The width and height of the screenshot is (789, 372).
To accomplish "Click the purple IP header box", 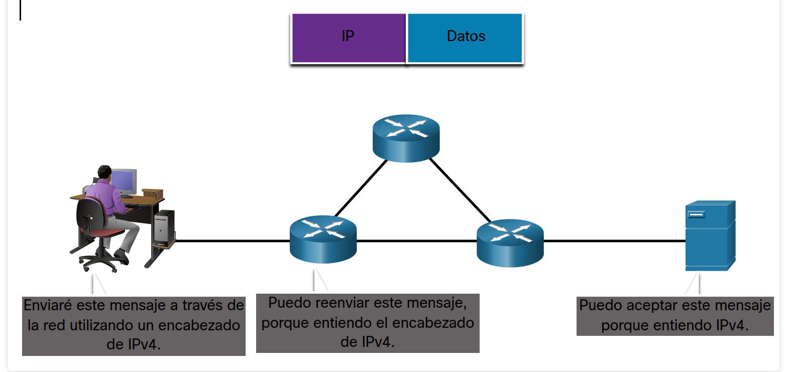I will pyautogui.click(x=348, y=38).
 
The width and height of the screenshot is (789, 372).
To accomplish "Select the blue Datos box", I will pyautogui.click(x=465, y=38).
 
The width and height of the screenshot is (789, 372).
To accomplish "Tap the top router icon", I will pyautogui.click(x=406, y=138).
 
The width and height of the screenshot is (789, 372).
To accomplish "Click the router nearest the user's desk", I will pyautogui.click(x=323, y=239).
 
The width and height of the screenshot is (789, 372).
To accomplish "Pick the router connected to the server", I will pyautogui.click(x=510, y=242).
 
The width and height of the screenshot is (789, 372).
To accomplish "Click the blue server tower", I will pyautogui.click(x=710, y=236).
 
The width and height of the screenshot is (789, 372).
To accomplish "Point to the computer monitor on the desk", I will pyautogui.click(x=124, y=181).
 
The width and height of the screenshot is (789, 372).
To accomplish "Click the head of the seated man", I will pyautogui.click(x=104, y=172).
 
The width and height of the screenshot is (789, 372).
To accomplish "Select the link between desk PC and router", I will pyautogui.click(x=231, y=241).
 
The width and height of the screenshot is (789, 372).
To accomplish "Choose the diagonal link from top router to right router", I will pyautogui.click(x=460, y=190).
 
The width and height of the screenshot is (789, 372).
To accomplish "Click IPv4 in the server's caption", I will pyautogui.click(x=731, y=325).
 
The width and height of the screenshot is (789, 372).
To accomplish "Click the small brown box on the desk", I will pyautogui.click(x=153, y=193).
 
